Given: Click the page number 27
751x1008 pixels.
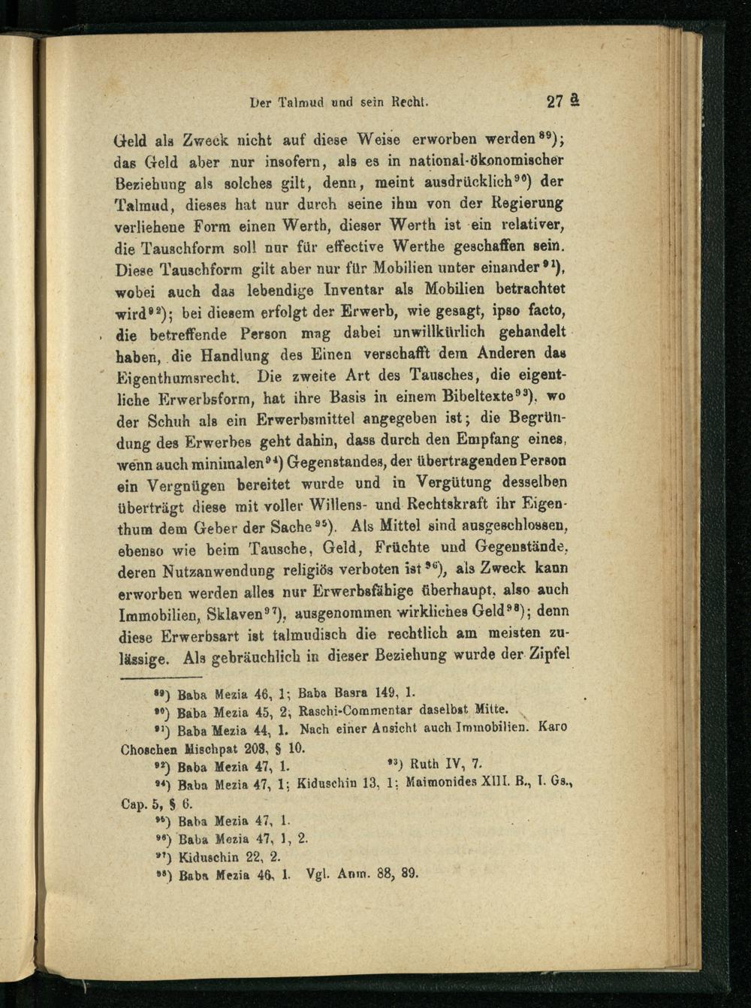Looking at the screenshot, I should [556, 102].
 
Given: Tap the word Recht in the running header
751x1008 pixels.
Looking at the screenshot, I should [409, 101].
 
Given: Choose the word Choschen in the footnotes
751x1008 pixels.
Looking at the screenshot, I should [149, 749].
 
